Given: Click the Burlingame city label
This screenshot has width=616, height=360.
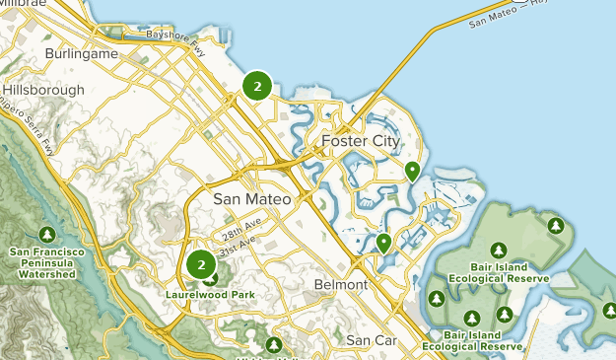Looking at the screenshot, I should click(82, 53).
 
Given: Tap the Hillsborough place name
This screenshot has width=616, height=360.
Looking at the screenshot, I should click(45, 89).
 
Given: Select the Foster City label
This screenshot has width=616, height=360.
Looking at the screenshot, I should click(361, 142).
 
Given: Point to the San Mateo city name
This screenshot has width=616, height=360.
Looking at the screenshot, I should click(252, 199).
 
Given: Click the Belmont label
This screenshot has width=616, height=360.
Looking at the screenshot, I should click(339, 284).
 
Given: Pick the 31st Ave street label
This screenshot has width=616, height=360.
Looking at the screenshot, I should click(237, 252).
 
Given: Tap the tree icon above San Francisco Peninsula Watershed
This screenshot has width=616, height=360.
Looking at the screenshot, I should click(46, 234).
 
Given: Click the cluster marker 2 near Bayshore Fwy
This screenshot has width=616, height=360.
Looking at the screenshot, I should click(257, 87).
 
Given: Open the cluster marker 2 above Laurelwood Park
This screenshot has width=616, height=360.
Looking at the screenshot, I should click(201, 264).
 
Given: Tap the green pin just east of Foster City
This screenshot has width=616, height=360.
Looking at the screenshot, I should click(412, 171).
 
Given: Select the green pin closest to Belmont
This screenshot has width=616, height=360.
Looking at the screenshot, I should click(383, 242).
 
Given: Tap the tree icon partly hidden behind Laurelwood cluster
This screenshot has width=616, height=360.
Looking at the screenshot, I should click(211, 278).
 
